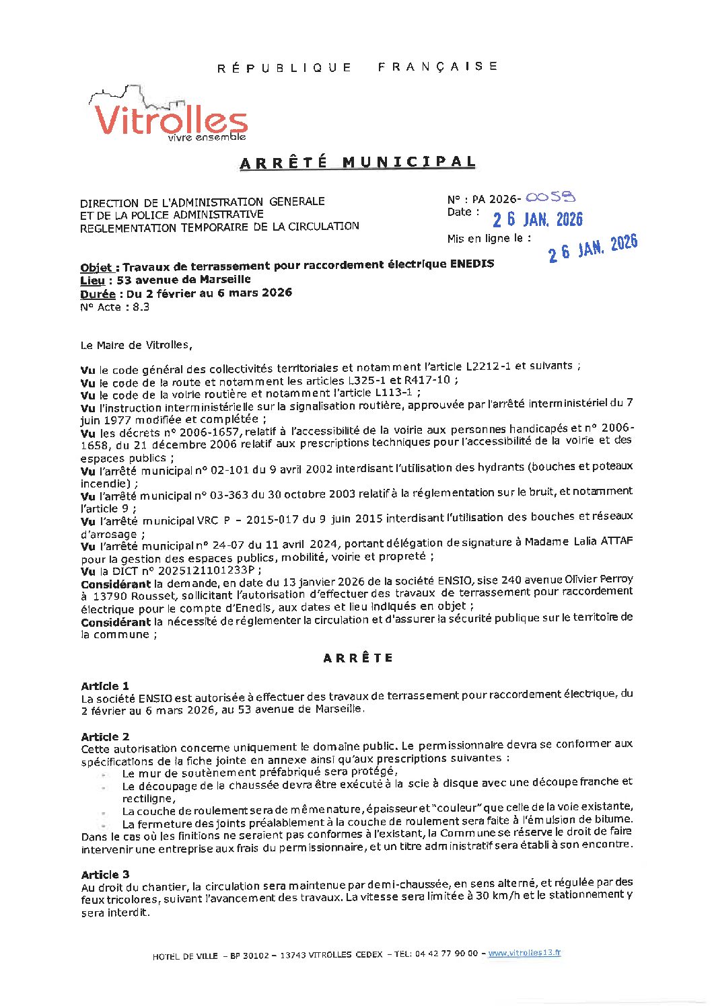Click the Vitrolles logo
click(x=170, y=116)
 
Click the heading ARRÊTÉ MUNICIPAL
click(x=357, y=163)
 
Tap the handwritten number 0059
click(x=550, y=198)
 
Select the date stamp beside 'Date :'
click(x=537, y=220)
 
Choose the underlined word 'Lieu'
click(x=92, y=280)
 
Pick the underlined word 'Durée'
click(x=98, y=294)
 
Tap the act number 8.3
click(x=141, y=307)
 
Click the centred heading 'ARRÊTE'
click(x=357, y=658)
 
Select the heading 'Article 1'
click(x=105, y=686)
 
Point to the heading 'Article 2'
click(x=105, y=737)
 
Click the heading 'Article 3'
click(x=105, y=875)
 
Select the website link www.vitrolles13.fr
click(x=524, y=953)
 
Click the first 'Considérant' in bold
click(x=116, y=584)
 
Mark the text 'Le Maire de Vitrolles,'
click(x=136, y=346)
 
